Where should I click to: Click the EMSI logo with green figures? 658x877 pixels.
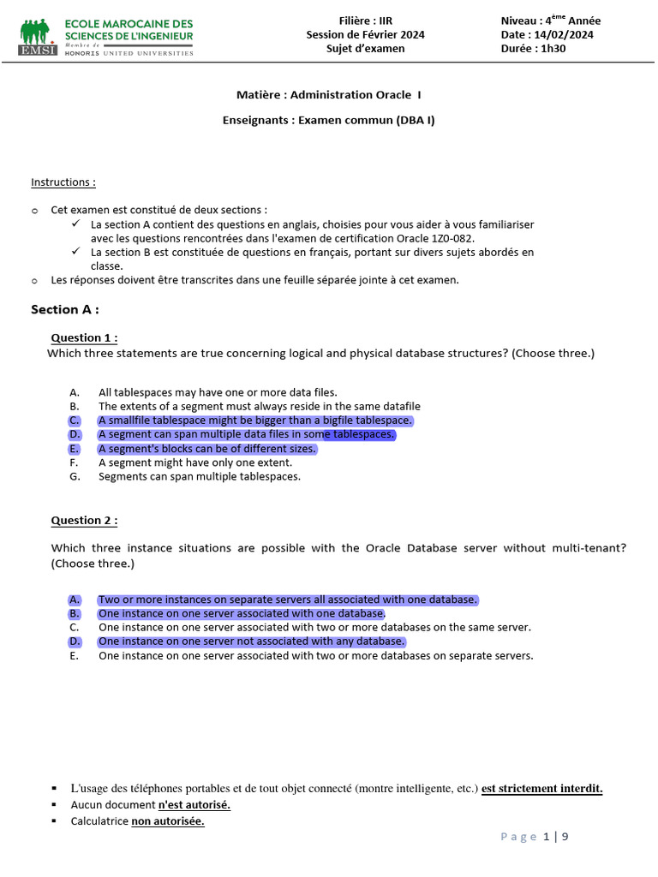tap(38, 37)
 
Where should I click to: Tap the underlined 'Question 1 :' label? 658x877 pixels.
tap(84, 337)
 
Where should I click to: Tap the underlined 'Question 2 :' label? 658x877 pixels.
tap(84, 520)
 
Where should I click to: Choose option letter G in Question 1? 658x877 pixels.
tap(75, 476)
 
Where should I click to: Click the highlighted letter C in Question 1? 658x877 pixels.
tap(75, 421)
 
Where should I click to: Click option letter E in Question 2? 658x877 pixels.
tap(75, 656)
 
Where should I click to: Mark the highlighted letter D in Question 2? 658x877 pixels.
tap(75, 641)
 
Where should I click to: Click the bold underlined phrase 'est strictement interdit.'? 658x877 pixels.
tap(541, 789)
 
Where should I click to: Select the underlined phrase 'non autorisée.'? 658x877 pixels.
tap(168, 821)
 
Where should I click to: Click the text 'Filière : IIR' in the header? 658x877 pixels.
tap(366, 21)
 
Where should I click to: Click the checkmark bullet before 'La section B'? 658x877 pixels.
tap(75, 252)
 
